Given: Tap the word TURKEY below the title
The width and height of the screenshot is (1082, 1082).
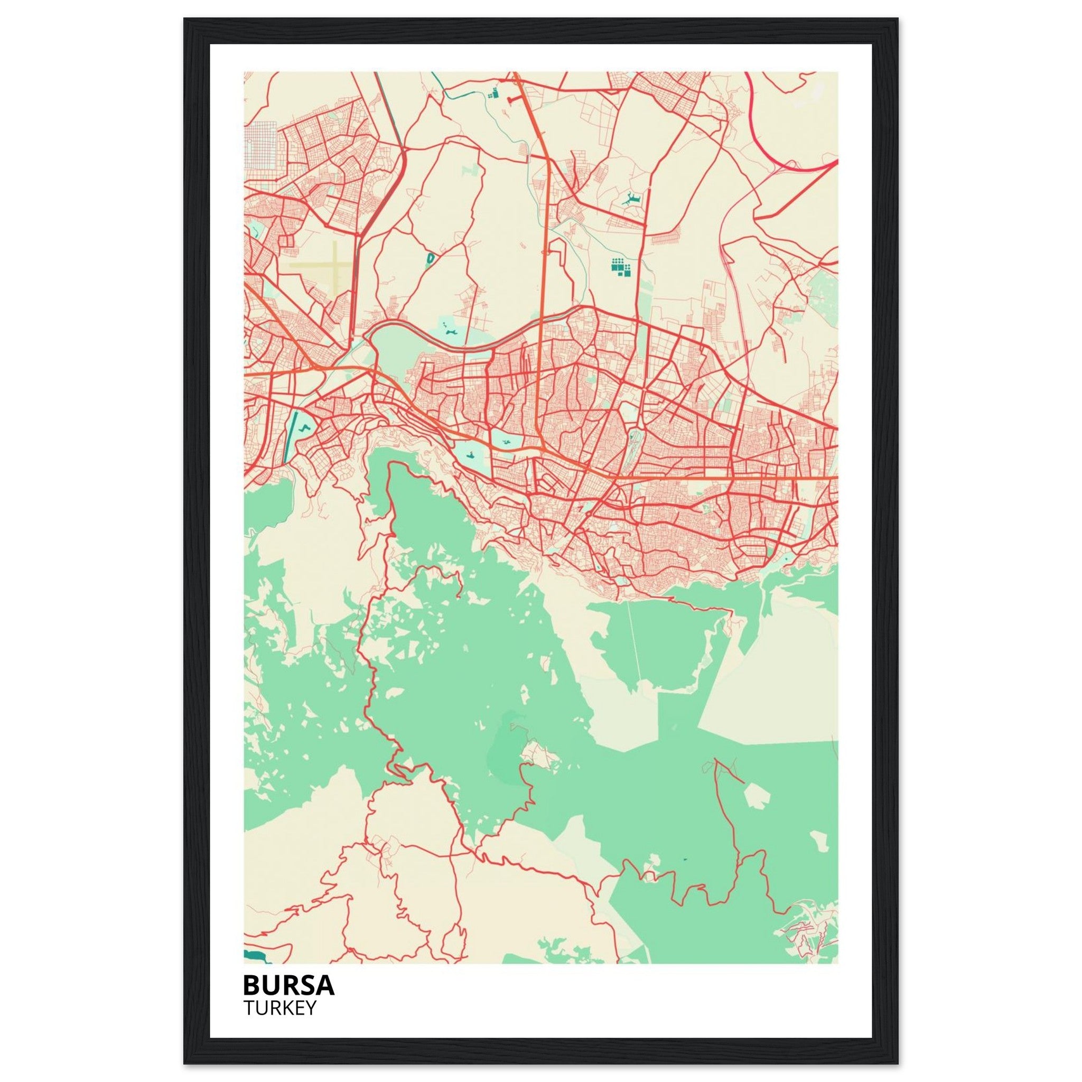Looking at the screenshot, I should [x=280, y=1008].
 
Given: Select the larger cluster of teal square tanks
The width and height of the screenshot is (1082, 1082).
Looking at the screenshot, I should [x=621, y=268].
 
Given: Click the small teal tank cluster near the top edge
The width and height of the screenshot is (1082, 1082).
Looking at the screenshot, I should [x=493, y=93].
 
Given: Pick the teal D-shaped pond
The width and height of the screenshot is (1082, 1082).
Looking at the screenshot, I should [x=430, y=258].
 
